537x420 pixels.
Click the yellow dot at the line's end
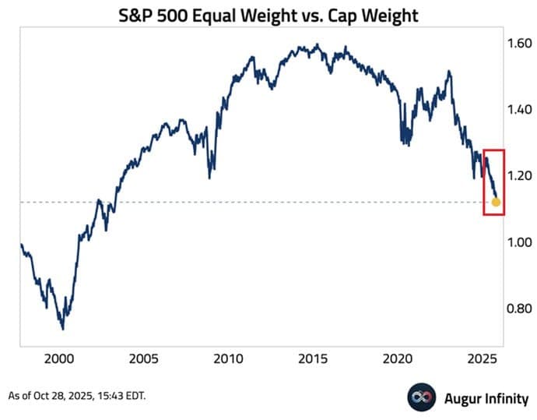pos(496,203)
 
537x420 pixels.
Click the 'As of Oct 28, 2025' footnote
pos(77,396)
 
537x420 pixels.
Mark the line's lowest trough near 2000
pos(62,327)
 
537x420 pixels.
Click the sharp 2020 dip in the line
pos(402,143)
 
